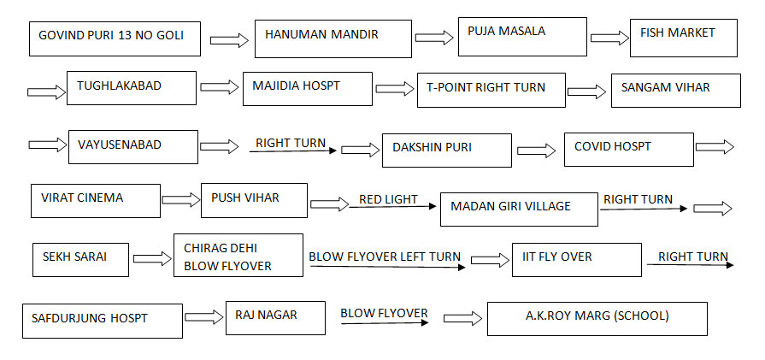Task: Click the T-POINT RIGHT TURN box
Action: (x=491, y=90)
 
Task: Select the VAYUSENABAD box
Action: (x=132, y=146)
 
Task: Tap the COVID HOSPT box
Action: (x=628, y=149)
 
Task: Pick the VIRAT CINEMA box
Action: (x=95, y=200)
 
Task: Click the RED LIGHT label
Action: (x=388, y=200)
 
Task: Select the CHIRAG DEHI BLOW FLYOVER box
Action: (x=238, y=255)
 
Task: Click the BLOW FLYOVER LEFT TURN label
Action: (x=385, y=257)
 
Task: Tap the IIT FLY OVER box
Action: (x=569, y=259)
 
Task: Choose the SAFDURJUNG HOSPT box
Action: (x=102, y=320)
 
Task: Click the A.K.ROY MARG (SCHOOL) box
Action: (x=597, y=318)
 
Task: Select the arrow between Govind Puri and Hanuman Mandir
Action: (x=229, y=40)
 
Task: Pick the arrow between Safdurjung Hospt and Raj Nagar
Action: (x=203, y=318)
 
